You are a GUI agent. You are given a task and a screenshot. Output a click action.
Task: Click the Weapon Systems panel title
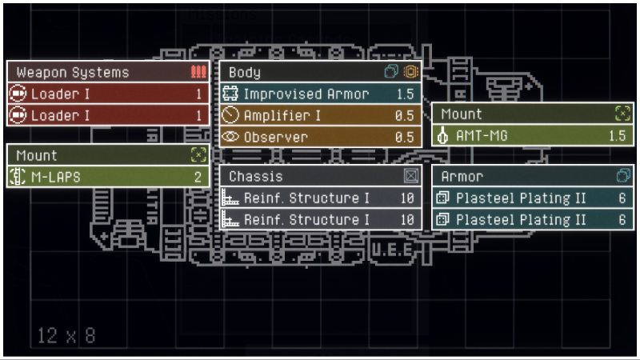click(x=72, y=72)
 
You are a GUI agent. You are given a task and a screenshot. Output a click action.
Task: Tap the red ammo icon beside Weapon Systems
click(x=198, y=72)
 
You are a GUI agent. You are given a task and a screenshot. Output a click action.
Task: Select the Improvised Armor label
click(x=306, y=94)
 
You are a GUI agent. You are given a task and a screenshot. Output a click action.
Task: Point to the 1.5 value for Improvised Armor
click(x=406, y=94)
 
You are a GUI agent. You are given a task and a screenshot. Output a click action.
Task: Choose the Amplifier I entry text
click(x=282, y=115)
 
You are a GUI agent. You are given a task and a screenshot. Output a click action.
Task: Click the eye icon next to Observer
click(x=231, y=137)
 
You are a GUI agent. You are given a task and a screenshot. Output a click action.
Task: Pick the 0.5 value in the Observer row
click(x=405, y=137)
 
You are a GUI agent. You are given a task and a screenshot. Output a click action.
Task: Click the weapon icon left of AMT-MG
click(x=443, y=135)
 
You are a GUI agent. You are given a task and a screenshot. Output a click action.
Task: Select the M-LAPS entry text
click(x=55, y=177)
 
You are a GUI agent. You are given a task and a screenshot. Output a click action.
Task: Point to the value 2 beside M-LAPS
click(x=198, y=177)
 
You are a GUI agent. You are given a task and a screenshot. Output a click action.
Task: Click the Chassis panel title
click(x=255, y=176)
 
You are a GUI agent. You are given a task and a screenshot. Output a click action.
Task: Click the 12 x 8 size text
click(x=66, y=335)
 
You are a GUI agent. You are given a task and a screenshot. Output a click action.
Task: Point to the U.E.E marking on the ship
click(x=391, y=251)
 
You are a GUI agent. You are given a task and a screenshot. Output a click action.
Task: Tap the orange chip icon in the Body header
click(x=411, y=72)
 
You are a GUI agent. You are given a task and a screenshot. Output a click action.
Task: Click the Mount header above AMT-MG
click(x=462, y=114)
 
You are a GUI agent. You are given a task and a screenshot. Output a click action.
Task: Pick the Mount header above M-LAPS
click(x=37, y=155)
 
